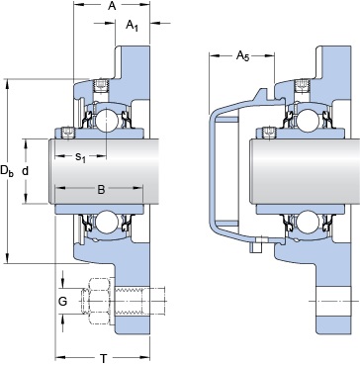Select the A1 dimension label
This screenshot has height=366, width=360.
tap(131, 27)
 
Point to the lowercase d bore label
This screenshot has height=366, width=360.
tap(26, 170)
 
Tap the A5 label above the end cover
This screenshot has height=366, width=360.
tap(240, 58)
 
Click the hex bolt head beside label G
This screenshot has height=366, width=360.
tap(101, 299)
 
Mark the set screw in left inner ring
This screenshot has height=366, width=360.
tap(68, 133)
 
